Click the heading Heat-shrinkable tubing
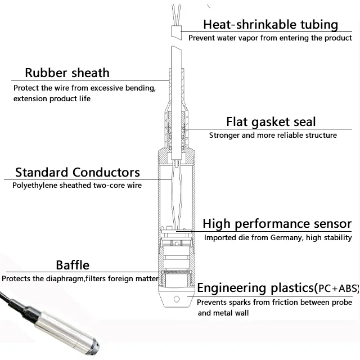pos(270,24)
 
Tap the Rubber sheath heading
pos(67,73)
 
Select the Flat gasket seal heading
pos(271,121)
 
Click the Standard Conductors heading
pos(78,172)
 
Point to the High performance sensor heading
pos(277,224)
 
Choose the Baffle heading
pos(72,265)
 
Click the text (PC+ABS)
pos(336,289)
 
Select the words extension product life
pos(51,98)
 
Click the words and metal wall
pos(223,313)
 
